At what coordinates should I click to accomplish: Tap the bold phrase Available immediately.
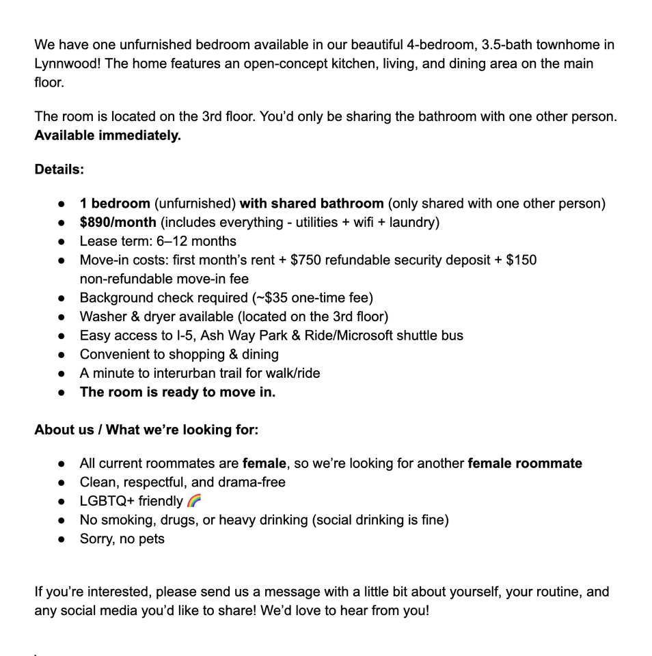pos(107,135)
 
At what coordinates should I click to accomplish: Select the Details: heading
pos(59,169)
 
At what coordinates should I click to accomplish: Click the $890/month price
pos(118,222)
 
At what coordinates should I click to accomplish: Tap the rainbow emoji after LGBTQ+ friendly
pos(194,501)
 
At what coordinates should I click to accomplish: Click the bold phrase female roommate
pos(524,463)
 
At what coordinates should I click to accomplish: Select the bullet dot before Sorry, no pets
pos(62,539)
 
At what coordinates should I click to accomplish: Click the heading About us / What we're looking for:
pos(146,429)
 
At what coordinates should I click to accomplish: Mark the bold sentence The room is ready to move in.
pos(177,392)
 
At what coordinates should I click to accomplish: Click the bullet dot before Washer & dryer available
pos(62,317)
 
